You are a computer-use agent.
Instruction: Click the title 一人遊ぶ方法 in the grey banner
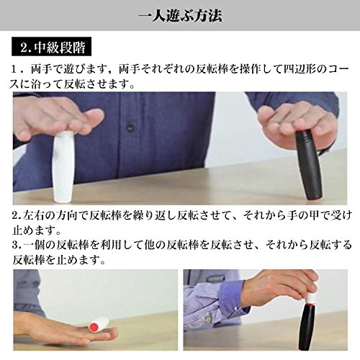tap(180, 16)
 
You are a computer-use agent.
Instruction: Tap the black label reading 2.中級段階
tap(51, 47)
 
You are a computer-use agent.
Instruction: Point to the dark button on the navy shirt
tap(130, 126)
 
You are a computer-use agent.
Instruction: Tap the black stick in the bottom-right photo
tap(310, 327)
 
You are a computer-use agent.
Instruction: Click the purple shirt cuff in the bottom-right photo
tap(230, 296)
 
